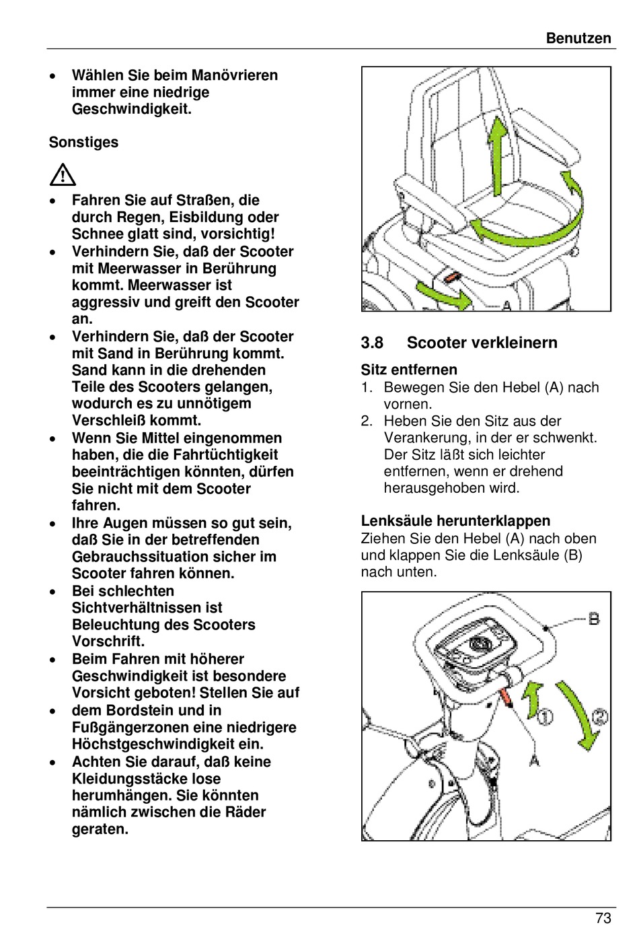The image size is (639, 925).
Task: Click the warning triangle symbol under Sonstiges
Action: (x=63, y=175)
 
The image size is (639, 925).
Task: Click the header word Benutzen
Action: (x=578, y=38)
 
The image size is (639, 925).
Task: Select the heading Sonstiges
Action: (x=83, y=143)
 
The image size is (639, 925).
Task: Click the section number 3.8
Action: (x=372, y=343)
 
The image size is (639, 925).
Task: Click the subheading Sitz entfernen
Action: (x=409, y=370)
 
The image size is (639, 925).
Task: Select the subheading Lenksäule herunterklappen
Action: (x=455, y=521)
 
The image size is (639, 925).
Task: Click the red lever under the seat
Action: (x=451, y=276)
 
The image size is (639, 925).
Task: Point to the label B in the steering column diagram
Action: (x=594, y=618)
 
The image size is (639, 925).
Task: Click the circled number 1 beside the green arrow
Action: (x=545, y=716)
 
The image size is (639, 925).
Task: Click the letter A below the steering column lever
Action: (x=535, y=760)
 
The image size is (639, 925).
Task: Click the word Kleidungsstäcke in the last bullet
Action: (x=127, y=779)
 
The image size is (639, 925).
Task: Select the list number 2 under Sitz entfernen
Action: (x=367, y=421)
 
